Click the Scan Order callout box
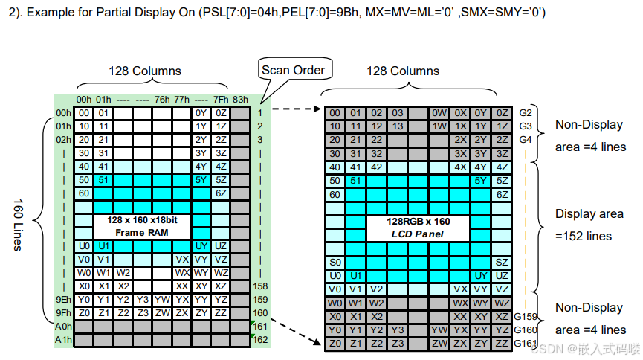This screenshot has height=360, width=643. [x=293, y=71]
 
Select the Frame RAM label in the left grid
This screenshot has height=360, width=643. [x=143, y=227]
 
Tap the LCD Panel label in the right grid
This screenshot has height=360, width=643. [x=417, y=227]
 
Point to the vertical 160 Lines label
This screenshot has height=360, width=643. [x=19, y=225]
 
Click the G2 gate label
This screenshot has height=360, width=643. [x=526, y=113]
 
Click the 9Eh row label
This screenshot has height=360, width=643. [x=63, y=299]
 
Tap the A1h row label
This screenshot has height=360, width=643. [x=63, y=340]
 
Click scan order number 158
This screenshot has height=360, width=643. [x=260, y=286]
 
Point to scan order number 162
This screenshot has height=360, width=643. [x=260, y=340]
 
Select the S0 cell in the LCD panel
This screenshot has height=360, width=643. [x=335, y=263]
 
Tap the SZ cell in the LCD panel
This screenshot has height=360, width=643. [x=502, y=263]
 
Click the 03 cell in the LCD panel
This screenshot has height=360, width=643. [x=398, y=113]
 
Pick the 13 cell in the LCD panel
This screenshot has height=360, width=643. [x=398, y=126]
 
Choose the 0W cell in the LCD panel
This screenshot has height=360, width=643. [x=439, y=113]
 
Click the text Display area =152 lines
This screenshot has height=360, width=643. [x=589, y=225]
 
